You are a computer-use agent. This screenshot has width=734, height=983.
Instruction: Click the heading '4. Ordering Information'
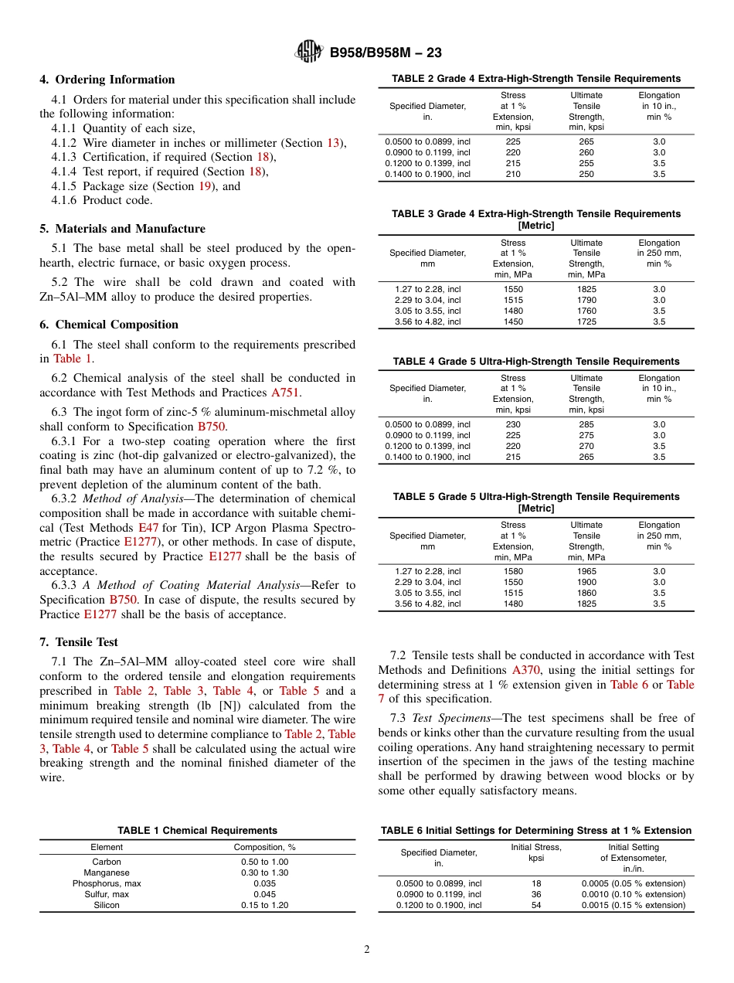click(107, 80)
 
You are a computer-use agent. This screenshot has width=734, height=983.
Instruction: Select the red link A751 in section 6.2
click(285, 393)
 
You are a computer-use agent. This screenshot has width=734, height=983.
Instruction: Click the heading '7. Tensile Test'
click(79, 642)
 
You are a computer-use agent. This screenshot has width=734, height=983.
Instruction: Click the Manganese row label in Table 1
click(107, 872)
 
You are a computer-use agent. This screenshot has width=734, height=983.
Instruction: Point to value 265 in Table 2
click(586, 141)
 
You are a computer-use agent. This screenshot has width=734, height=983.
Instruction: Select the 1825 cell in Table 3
click(586, 289)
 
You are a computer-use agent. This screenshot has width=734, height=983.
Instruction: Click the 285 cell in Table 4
click(586, 424)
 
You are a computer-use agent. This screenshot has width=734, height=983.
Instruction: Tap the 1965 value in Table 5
click(586, 572)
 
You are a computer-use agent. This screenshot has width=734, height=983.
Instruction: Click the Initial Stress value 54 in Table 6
click(536, 905)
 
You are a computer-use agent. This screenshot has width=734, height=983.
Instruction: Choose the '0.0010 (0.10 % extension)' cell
click(633, 894)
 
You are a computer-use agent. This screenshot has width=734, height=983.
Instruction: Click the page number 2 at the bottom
click(367, 950)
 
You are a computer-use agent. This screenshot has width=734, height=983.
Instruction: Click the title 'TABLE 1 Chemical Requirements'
click(197, 831)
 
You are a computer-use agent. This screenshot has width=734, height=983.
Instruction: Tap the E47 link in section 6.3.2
click(148, 528)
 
